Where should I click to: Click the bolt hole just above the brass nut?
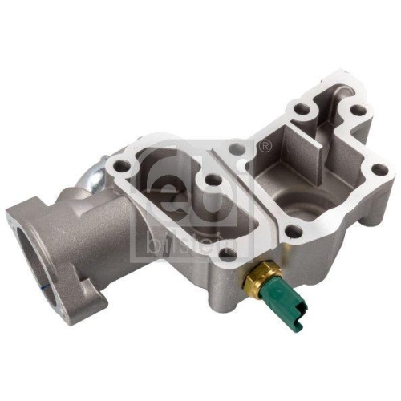click(228, 256)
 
